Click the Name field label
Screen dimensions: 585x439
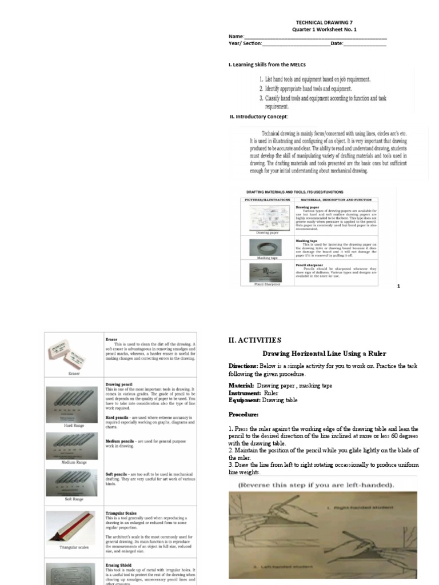point(236,36)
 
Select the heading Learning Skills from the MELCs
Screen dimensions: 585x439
point(266,65)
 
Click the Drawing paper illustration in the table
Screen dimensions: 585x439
point(266,218)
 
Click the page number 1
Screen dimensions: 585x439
point(398,286)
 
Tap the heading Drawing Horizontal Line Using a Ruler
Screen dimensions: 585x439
point(324,354)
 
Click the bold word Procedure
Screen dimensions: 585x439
point(244,414)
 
